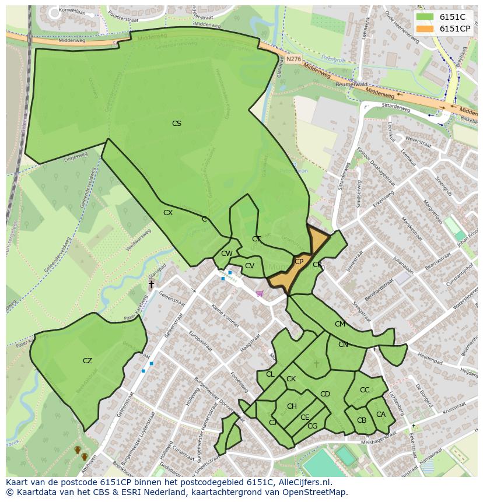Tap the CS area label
(176, 124)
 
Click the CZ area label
(87, 361)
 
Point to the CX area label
(168, 213)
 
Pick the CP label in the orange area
(299, 262)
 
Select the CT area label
(256, 239)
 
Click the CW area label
(227, 254)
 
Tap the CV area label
(250, 266)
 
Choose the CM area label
(339, 324)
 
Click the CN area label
(343, 345)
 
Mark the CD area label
(325, 394)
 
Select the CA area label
(380, 415)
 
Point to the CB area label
(362, 420)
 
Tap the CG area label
(312, 426)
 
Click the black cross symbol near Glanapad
(151, 285)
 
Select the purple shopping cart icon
(260, 294)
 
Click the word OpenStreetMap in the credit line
(317, 492)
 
